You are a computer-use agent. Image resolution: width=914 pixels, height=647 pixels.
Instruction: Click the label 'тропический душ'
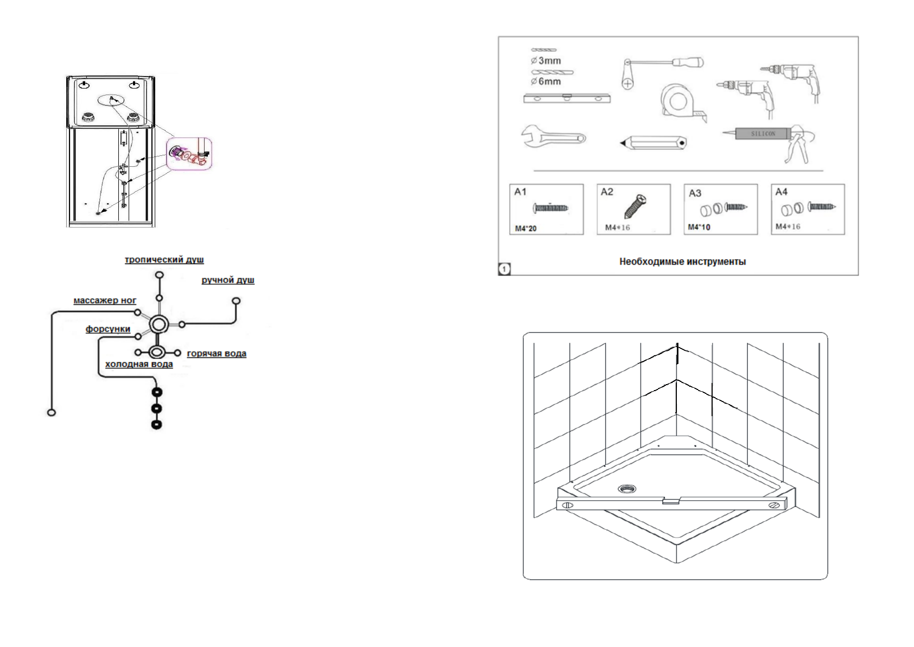click(x=164, y=260)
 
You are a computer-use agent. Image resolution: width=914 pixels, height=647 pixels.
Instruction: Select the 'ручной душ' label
click(x=227, y=280)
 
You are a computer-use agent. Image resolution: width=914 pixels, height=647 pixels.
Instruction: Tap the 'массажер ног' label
click(x=105, y=300)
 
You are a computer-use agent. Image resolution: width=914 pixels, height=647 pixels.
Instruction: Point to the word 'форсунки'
click(x=107, y=329)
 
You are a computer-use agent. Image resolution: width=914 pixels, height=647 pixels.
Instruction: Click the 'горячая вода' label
click(x=217, y=354)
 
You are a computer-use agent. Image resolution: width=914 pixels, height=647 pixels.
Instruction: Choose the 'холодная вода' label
click(x=139, y=364)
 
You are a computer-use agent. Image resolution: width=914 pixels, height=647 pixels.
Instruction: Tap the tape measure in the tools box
click(x=680, y=102)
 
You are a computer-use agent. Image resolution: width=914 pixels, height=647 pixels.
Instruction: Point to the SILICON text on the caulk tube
click(x=763, y=134)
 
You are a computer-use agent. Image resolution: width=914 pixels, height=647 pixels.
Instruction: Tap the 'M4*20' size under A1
click(x=525, y=229)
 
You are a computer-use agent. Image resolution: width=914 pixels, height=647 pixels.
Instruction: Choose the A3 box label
click(x=695, y=193)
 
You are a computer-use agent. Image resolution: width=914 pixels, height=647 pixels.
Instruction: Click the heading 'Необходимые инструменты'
click(x=682, y=262)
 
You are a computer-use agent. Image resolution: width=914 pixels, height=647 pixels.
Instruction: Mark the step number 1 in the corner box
click(x=504, y=268)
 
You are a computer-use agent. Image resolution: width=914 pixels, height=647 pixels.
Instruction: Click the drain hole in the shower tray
click(x=627, y=489)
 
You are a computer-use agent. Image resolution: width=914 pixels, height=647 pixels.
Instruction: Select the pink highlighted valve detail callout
click(x=189, y=154)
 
